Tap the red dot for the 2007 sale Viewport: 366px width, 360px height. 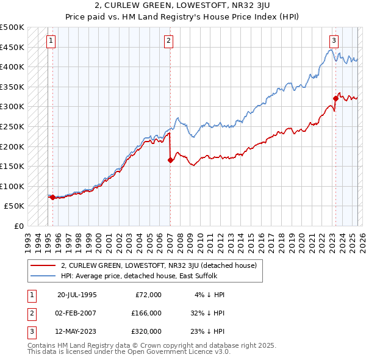(x=170, y=160)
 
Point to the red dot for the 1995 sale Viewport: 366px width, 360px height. (x=52, y=197)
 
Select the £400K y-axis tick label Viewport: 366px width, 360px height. (x=12, y=67)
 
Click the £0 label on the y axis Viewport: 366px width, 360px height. (x=20, y=226)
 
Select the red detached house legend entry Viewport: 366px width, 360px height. (x=159, y=265)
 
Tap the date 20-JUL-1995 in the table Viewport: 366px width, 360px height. (x=77, y=295)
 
